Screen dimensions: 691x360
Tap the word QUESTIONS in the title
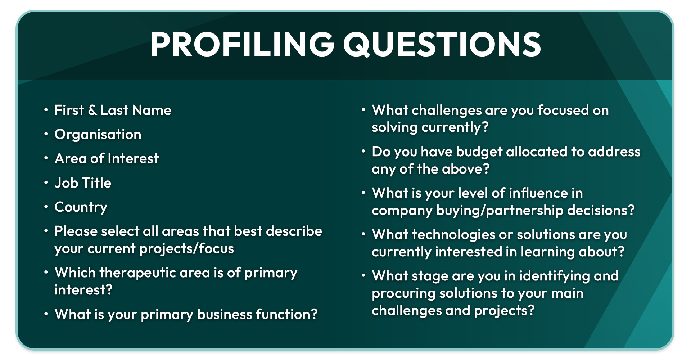click(x=442, y=45)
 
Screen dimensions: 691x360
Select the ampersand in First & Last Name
click(x=92, y=110)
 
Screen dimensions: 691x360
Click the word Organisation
click(x=98, y=135)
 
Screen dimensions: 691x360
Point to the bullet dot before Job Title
click(x=46, y=183)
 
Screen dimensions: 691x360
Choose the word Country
click(x=81, y=207)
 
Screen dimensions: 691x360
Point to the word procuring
click(x=404, y=293)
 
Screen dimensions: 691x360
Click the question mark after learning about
click(x=621, y=252)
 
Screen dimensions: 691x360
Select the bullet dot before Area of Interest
click(x=46, y=158)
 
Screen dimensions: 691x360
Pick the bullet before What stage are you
click(x=363, y=276)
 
